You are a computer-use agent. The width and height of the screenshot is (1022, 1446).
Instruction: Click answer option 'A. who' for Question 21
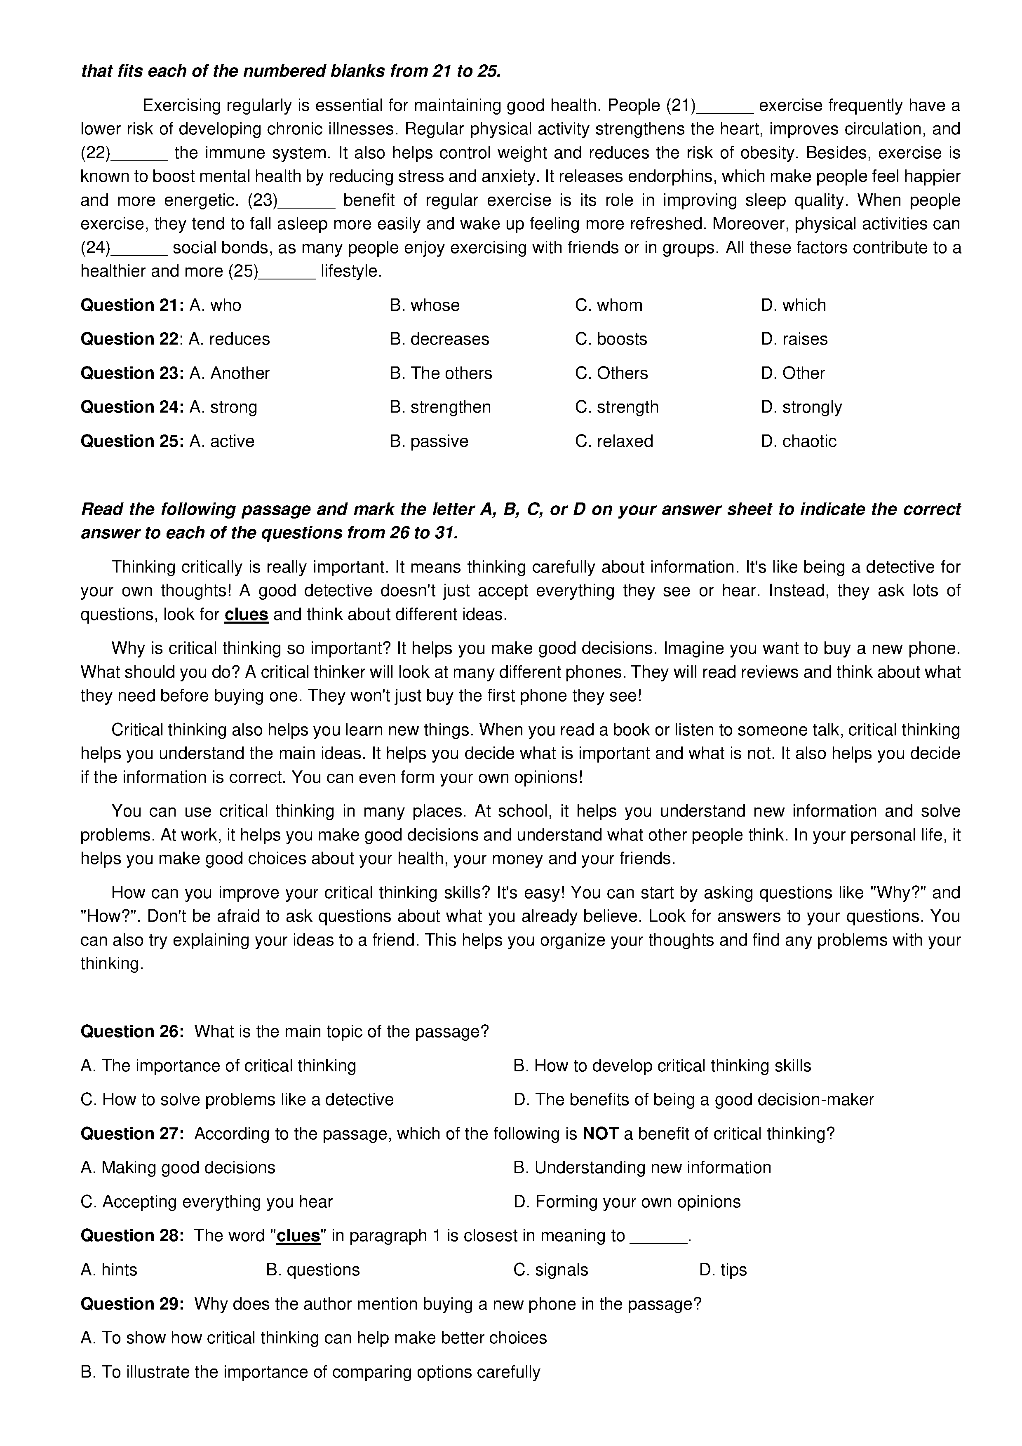pos(215,305)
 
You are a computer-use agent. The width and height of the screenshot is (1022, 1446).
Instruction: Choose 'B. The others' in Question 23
pos(440,373)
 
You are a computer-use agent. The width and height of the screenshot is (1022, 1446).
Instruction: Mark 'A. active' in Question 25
pos(222,441)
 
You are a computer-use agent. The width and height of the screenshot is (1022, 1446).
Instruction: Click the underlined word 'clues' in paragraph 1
pos(246,615)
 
